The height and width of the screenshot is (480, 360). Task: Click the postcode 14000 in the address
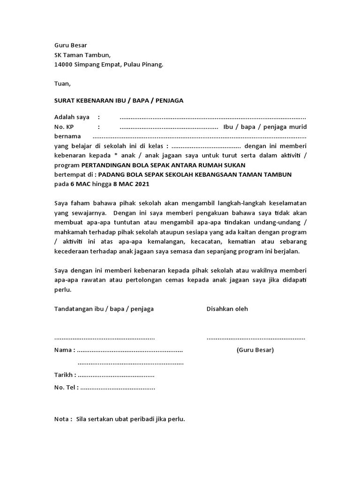click(x=64, y=65)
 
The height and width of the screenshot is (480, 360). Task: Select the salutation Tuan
click(x=62, y=84)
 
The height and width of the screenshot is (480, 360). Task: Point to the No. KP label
click(x=64, y=127)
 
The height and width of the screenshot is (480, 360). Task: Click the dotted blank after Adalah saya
click(x=212, y=117)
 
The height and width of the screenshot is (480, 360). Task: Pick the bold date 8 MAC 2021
click(x=131, y=184)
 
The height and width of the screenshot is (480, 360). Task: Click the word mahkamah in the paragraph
click(x=69, y=232)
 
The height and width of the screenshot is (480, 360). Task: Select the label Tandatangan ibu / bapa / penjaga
click(x=104, y=309)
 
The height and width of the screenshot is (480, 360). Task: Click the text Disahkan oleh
click(x=227, y=309)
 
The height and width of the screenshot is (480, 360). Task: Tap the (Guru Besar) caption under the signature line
click(x=255, y=350)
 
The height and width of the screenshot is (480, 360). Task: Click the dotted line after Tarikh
click(x=116, y=375)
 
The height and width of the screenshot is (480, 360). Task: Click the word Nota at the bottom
click(x=62, y=419)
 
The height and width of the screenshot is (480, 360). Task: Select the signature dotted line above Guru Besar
click(x=256, y=338)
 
